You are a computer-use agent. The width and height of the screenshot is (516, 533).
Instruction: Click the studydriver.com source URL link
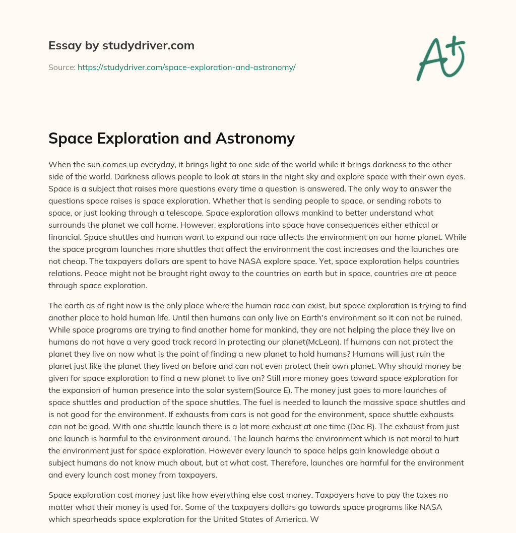point(186,67)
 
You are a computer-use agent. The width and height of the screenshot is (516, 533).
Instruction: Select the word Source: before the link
point(61,67)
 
